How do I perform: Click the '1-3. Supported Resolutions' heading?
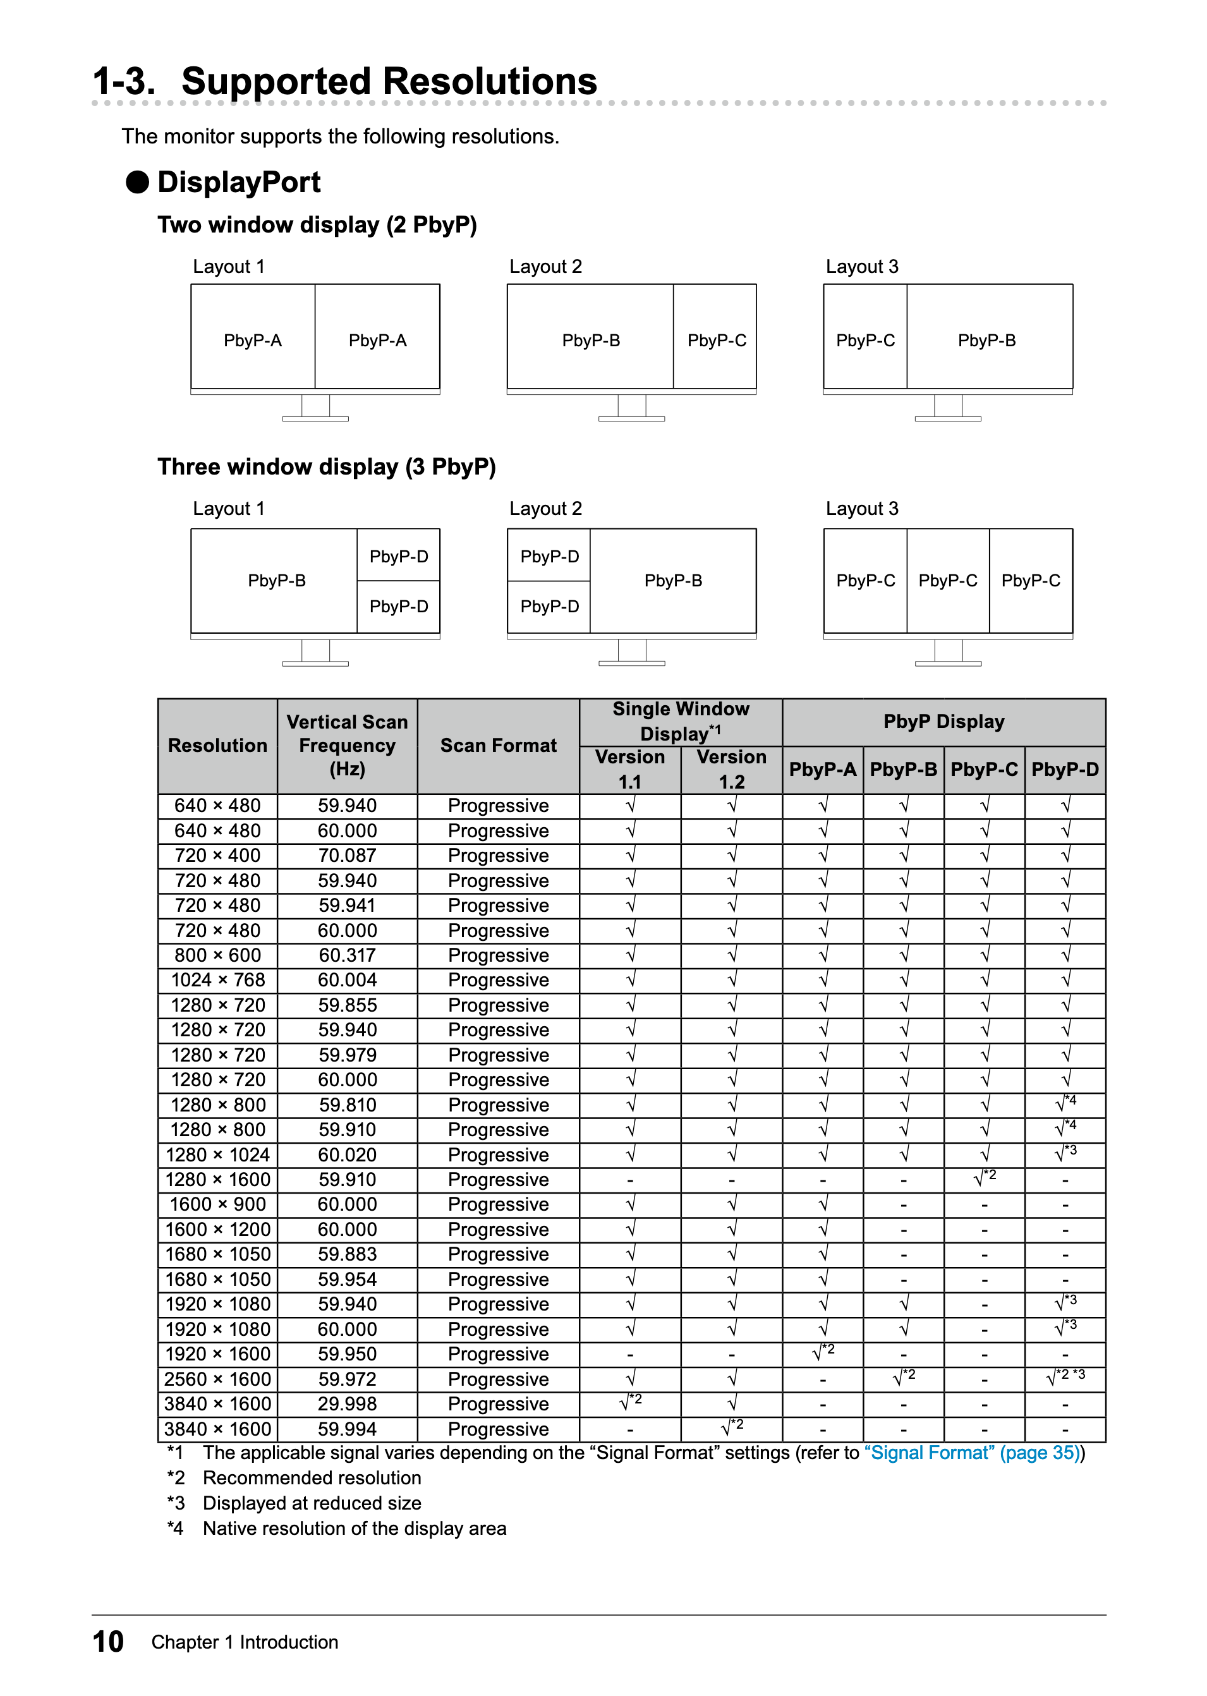tap(345, 81)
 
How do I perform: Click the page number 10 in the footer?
tap(108, 1642)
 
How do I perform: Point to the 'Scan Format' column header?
tap(498, 746)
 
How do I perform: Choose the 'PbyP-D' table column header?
tap(1064, 769)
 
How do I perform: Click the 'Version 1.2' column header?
tap(731, 769)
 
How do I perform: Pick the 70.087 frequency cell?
tap(347, 856)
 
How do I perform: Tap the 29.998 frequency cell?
tap(347, 1404)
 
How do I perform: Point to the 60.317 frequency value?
tap(347, 955)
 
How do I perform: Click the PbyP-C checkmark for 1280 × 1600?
tap(984, 1180)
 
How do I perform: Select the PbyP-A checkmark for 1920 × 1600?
tap(823, 1354)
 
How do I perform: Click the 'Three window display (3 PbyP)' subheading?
tap(326, 467)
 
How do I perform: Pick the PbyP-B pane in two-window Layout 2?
tap(591, 341)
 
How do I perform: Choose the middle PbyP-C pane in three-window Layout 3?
tap(948, 581)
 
